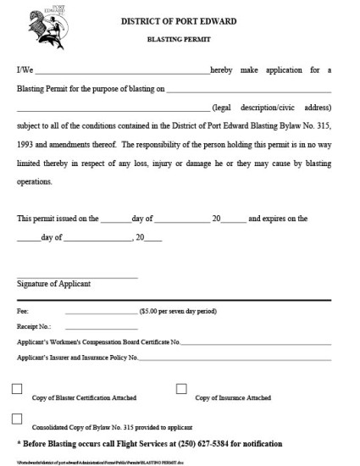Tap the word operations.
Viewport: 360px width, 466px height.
pyautogui.click(x=35, y=181)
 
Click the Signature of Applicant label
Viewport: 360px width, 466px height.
pyautogui.click(x=53, y=284)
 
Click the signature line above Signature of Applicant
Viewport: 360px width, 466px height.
pyautogui.click(x=77, y=277)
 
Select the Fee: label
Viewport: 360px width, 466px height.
pyautogui.click(x=23, y=311)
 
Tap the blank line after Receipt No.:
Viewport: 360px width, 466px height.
pyautogui.click(x=101, y=328)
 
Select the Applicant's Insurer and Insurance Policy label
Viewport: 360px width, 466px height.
pyautogui.click(x=77, y=358)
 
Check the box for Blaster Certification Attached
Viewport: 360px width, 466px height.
pyautogui.click(x=18, y=390)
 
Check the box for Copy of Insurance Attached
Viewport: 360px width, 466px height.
pyautogui.click(x=181, y=390)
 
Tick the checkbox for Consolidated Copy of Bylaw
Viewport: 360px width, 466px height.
pyautogui.click(x=18, y=419)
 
